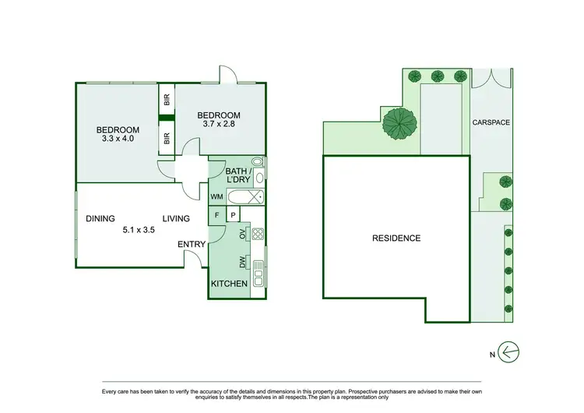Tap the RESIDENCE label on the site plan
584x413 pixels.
tap(396, 238)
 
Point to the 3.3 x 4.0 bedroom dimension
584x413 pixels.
tap(117, 139)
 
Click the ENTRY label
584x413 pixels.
tap(192, 245)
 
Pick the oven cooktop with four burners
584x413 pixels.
tap(259, 233)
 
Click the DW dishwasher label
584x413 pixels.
tap(244, 262)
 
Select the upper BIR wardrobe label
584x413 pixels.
tap(167, 100)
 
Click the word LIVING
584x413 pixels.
tap(178, 219)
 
